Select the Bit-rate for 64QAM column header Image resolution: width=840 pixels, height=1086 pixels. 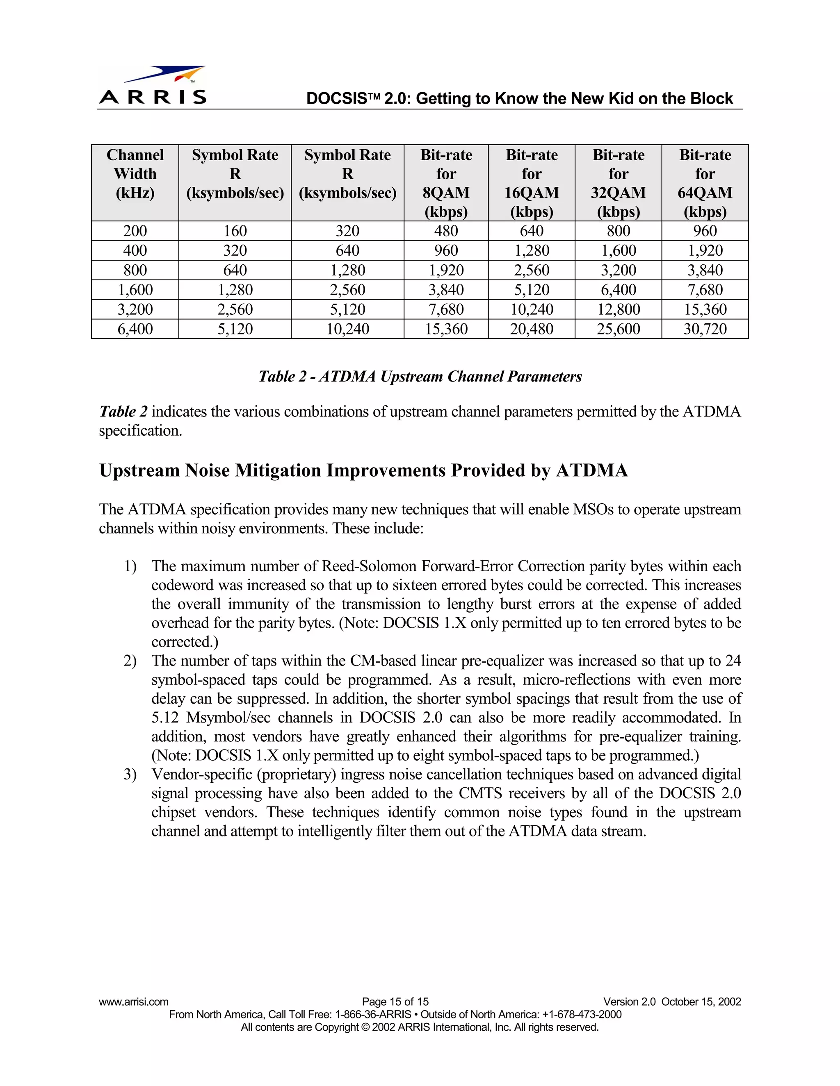705,183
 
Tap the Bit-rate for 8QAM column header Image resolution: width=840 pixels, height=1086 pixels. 446,183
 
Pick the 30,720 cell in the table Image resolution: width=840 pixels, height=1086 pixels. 705,329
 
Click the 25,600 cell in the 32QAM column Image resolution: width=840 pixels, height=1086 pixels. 618,329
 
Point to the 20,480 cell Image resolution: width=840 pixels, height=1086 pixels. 532,329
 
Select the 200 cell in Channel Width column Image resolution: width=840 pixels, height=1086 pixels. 135,231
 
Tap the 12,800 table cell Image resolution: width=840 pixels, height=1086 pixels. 618,310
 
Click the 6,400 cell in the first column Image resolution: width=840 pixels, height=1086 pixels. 135,329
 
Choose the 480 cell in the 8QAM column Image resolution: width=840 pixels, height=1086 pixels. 446,231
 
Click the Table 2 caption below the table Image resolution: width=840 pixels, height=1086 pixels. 420,377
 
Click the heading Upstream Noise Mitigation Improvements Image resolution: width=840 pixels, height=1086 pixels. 363,470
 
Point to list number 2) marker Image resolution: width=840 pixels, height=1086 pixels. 130,661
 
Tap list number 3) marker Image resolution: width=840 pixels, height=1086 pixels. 130,775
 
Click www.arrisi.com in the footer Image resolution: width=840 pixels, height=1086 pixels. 133,1002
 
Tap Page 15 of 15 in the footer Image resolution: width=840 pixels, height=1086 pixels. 395,1002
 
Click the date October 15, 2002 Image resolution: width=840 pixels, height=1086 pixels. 701,1002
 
